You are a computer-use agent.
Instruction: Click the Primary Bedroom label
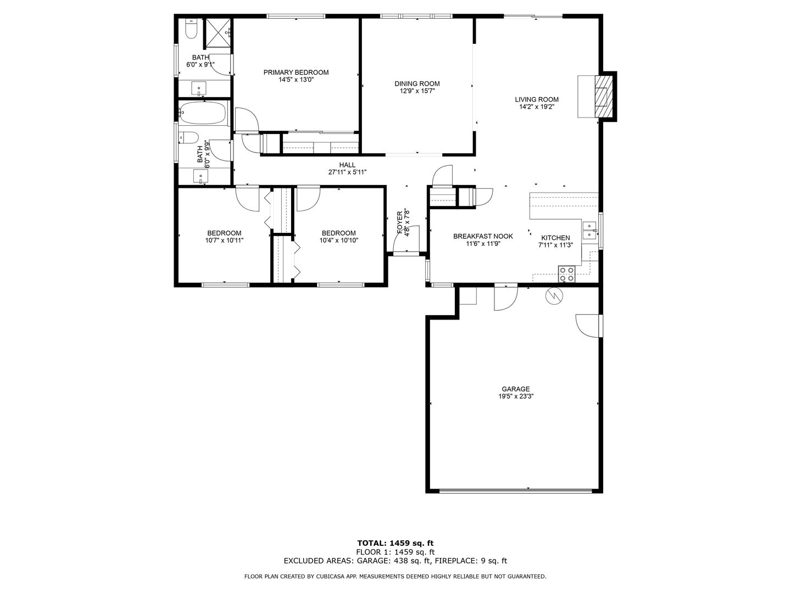click(296, 72)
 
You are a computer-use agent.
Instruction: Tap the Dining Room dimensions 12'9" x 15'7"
click(417, 91)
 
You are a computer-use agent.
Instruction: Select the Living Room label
click(537, 99)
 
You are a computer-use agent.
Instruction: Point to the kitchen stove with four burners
click(566, 273)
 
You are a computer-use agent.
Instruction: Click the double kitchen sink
click(589, 231)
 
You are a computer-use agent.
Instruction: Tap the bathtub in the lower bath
click(204, 114)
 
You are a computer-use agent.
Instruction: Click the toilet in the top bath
click(190, 29)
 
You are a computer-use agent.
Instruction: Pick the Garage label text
click(516, 389)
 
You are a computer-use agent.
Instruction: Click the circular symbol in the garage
click(554, 296)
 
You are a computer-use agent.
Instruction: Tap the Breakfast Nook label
click(483, 236)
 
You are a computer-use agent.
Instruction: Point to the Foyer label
click(400, 222)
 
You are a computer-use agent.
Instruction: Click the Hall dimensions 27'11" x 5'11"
click(347, 172)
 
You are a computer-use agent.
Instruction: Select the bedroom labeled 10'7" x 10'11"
click(224, 237)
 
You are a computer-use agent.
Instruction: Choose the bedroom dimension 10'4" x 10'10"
click(339, 240)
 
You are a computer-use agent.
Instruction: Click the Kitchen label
click(555, 238)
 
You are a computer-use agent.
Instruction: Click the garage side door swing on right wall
click(587, 326)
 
